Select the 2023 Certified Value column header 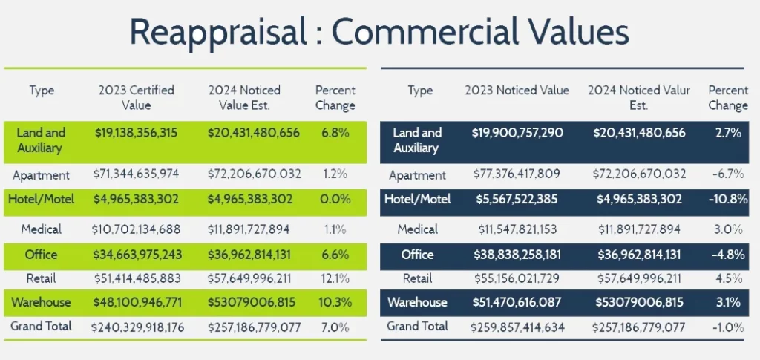(x=136, y=97)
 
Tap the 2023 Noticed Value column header (x=517, y=90)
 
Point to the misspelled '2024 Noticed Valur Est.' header (x=638, y=97)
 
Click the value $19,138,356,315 (x=136, y=133)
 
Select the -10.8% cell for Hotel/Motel (x=727, y=200)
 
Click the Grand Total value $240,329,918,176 (x=136, y=326)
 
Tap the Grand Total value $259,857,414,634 (x=517, y=326)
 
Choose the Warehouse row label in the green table (x=41, y=302)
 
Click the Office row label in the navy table (x=417, y=255)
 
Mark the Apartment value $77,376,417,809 (x=517, y=175)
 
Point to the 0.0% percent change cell (x=335, y=200)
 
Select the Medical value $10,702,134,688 (x=136, y=229)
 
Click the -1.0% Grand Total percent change (x=727, y=326)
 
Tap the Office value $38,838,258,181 (x=517, y=255)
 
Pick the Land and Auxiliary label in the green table (x=41, y=140)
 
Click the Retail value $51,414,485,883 (x=136, y=278)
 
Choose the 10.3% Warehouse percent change (x=335, y=302)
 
